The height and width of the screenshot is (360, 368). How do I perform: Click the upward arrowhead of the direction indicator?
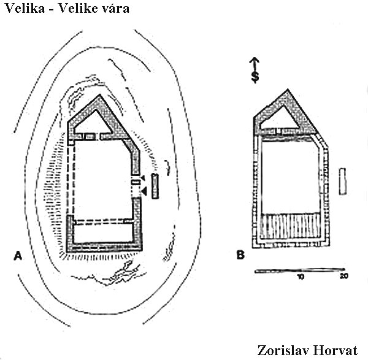pos(255,60)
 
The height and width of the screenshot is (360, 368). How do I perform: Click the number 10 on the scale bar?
pos(301,277)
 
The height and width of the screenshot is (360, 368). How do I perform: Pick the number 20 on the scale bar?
pos(344,277)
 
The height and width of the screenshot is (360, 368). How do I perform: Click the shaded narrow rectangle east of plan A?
pos(155,186)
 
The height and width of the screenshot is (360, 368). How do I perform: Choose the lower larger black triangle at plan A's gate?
pos(143,192)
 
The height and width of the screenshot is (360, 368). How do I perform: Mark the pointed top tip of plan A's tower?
pos(98,96)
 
